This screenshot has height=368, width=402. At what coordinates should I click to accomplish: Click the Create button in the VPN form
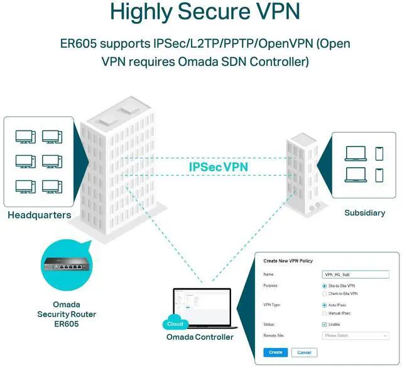[x=275, y=352]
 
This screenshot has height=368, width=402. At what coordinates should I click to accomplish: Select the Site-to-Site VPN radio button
[x=324, y=286]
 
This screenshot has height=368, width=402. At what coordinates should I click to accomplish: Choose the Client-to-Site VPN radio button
[x=324, y=293]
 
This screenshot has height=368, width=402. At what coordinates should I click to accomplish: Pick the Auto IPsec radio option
[x=324, y=305]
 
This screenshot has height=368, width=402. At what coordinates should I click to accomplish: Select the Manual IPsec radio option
[x=324, y=313]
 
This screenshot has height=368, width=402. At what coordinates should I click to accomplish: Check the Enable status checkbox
[x=324, y=325]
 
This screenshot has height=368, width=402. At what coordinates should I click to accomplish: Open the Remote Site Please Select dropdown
[x=354, y=336]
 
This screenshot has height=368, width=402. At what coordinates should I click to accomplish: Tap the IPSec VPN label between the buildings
[x=218, y=167]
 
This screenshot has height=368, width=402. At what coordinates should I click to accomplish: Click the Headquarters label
[x=39, y=215]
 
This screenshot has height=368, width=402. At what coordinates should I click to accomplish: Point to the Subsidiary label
[x=364, y=213]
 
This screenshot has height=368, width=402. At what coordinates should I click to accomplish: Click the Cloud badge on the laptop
[x=175, y=324]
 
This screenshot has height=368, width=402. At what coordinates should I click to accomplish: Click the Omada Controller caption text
[x=200, y=337]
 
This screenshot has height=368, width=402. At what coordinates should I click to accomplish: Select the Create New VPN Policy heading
[x=288, y=261]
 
